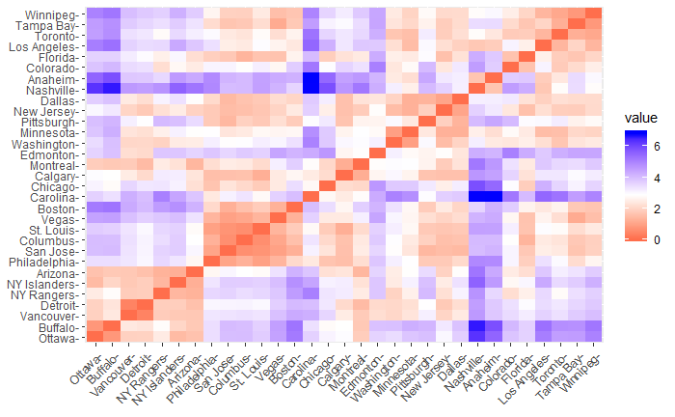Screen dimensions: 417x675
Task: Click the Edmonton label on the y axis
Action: click(x=51, y=154)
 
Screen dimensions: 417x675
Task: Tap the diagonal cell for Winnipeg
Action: click(x=593, y=14)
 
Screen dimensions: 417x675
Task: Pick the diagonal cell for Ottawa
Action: click(x=94, y=337)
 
